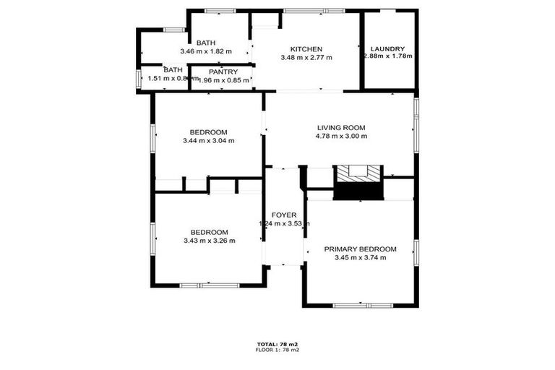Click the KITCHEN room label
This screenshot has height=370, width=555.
pyautogui.click(x=306, y=48)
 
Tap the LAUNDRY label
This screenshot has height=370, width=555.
pyautogui.click(x=389, y=48)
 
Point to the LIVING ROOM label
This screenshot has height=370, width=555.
pyautogui.click(x=342, y=128)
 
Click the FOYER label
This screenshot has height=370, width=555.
pyautogui.click(x=283, y=215)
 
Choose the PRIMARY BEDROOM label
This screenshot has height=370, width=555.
pyautogui.click(x=360, y=249)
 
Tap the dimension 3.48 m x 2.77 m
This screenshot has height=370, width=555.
pyautogui.click(x=306, y=57)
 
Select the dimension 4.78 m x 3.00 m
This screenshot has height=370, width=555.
pyautogui.click(x=342, y=136)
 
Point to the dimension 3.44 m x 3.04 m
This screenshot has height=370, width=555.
pyautogui.click(x=208, y=140)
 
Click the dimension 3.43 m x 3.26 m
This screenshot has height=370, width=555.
pyautogui.click(x=208, y=241)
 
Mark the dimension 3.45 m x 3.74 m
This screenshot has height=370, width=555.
pyautogui.click(x=360, y=257)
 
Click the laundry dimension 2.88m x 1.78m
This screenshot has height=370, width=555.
pyautogui.click(x=388, y=56)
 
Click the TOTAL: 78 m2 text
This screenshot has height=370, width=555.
pyautogui.click(x=277, y=344)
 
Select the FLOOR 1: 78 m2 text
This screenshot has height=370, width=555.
pyautogui.click(x=277, y=350)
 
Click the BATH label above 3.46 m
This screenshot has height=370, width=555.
pyautogui.click(x=206, y=43)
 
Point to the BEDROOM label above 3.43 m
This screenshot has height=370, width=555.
pyautogui.click(x=208, y=232)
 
